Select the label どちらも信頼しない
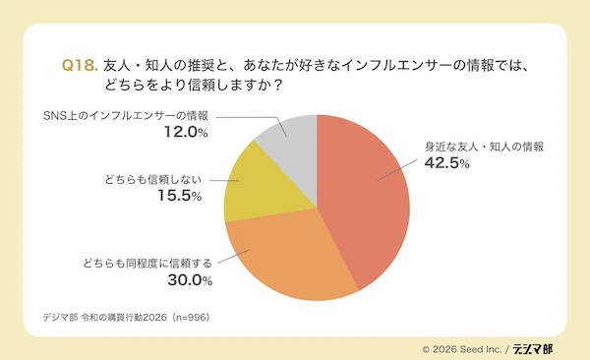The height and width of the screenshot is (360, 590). tap(151, 180)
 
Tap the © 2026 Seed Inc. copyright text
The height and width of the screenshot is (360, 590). tap(462, 347)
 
